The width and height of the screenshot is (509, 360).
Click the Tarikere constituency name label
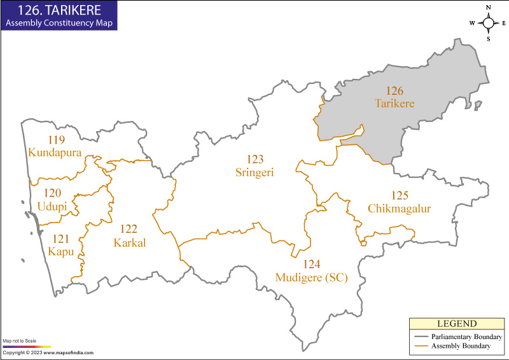pos(394,103)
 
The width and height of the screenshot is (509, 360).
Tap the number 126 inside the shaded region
pos(394,91)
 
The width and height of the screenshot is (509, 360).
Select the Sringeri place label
pos(255,171)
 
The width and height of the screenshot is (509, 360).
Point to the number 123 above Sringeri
pos(255,159)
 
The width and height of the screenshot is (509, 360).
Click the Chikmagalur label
pos(400,208)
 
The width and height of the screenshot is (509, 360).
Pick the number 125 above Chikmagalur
pos(400,196)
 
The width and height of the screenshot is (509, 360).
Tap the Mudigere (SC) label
pos(311,277)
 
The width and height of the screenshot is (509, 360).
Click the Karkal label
pos(130,242)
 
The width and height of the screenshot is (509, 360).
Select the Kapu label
pos(61,252)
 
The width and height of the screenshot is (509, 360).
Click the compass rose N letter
pos(489,8)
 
